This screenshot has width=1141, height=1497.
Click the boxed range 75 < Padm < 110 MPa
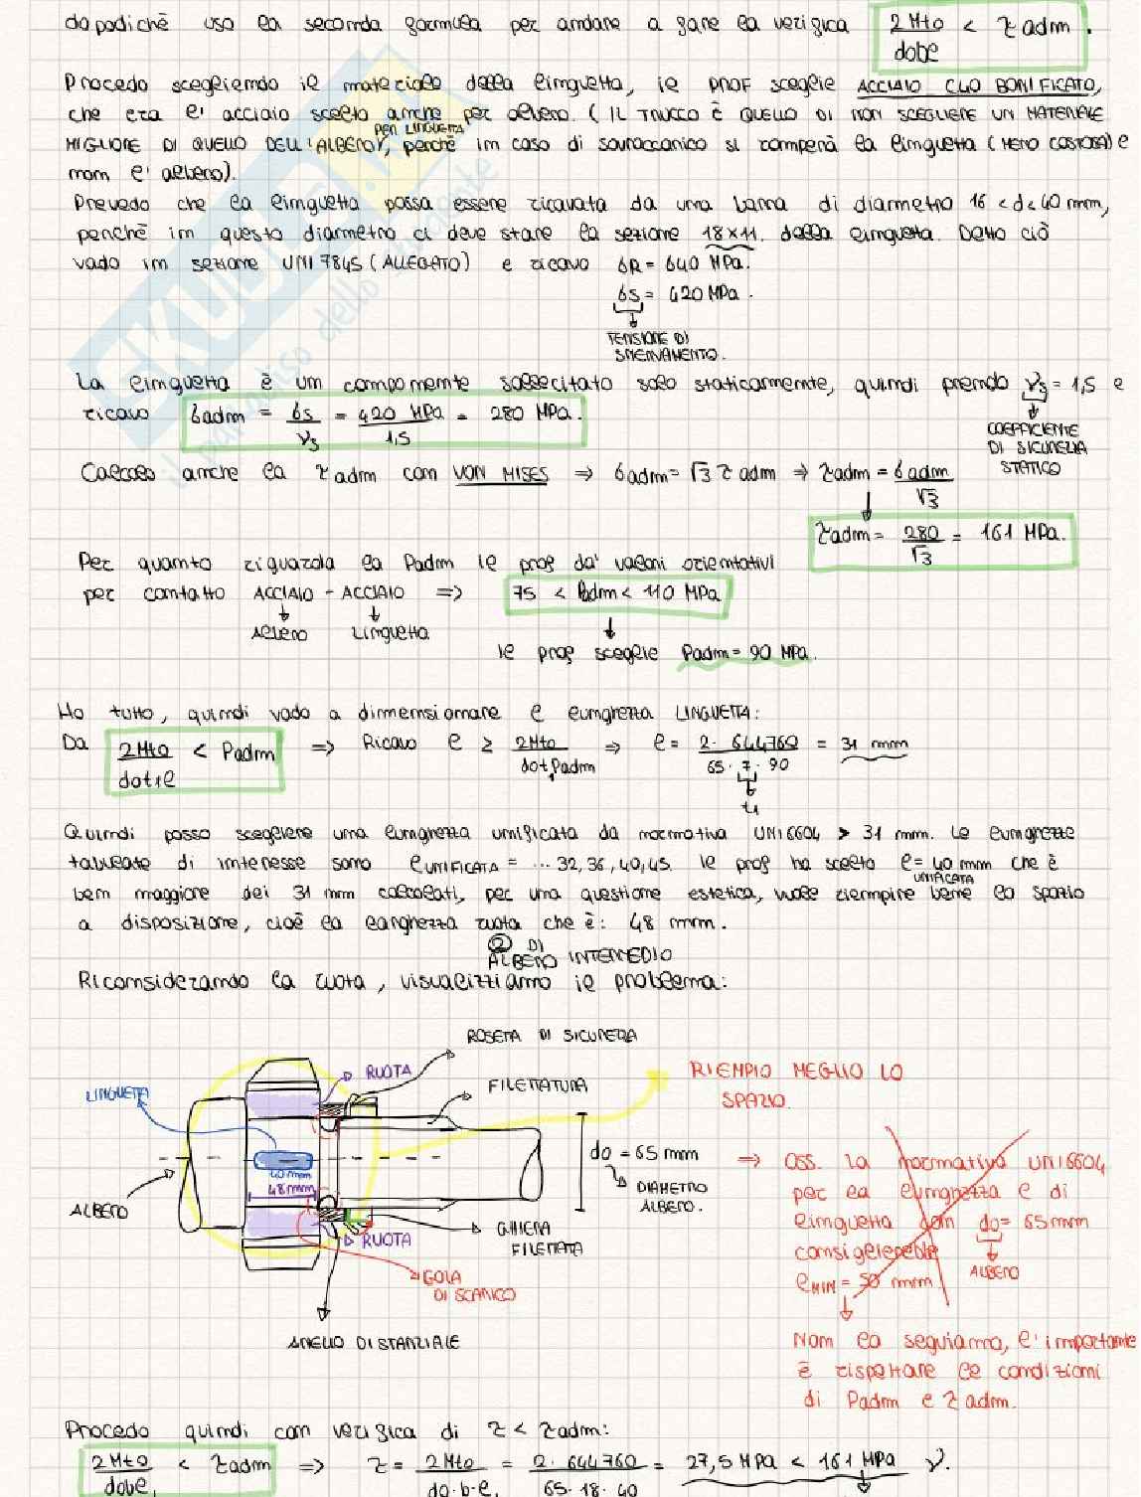tap(617, 593)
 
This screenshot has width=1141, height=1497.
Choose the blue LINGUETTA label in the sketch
tap(117, 1095)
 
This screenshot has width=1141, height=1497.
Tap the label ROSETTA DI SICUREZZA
tap(552, 1036)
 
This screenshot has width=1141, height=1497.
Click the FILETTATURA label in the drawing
tap(538, 1085)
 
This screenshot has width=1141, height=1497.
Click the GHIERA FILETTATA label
tap(540, 1239)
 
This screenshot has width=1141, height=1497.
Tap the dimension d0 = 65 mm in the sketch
tap(643, 1154)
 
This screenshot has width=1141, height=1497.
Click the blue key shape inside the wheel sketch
tap(284, 1160)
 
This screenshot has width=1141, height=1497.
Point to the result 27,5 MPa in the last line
tap(734, 1461)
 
